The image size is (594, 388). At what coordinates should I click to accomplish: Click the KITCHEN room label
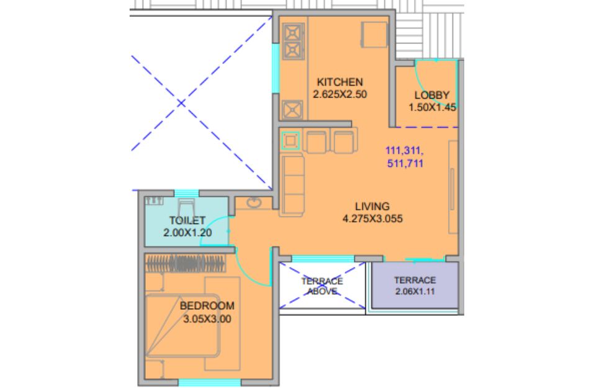(x=340, y=82)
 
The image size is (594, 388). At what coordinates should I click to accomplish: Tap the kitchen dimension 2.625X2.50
(x=340, y=94)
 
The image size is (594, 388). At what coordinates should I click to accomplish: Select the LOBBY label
(x=432, y=95)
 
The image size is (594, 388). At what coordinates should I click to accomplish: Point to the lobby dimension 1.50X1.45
(x=432, y=107)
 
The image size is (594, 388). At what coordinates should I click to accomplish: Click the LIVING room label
(x=372, y=207)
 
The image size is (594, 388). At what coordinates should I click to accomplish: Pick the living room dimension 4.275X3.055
(x=372, y=219)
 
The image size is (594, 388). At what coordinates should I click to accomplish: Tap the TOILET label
(x=187, y=220)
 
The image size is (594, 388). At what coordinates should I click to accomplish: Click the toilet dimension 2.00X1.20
(x=187, y=233)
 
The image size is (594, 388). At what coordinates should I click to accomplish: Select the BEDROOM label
(x=207, y=306)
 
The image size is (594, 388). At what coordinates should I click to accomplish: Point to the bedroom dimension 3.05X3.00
(x=207, y=319)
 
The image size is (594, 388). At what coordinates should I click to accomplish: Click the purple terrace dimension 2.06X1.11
(x=415, y=292)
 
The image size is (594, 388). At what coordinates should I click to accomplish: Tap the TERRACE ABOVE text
(x=322, y=286)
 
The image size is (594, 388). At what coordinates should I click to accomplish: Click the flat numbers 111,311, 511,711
(x=405, y=157)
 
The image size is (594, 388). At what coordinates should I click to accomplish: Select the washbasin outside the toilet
(x=254, y=203)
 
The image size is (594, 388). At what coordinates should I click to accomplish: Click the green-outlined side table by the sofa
(x=290, y=140)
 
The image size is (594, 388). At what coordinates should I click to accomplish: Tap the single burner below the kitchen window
(x=292, y=111)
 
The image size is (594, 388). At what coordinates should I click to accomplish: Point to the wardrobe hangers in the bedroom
(x=185, y=263)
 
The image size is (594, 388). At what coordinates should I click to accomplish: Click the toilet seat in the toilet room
(x=186, y=207)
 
